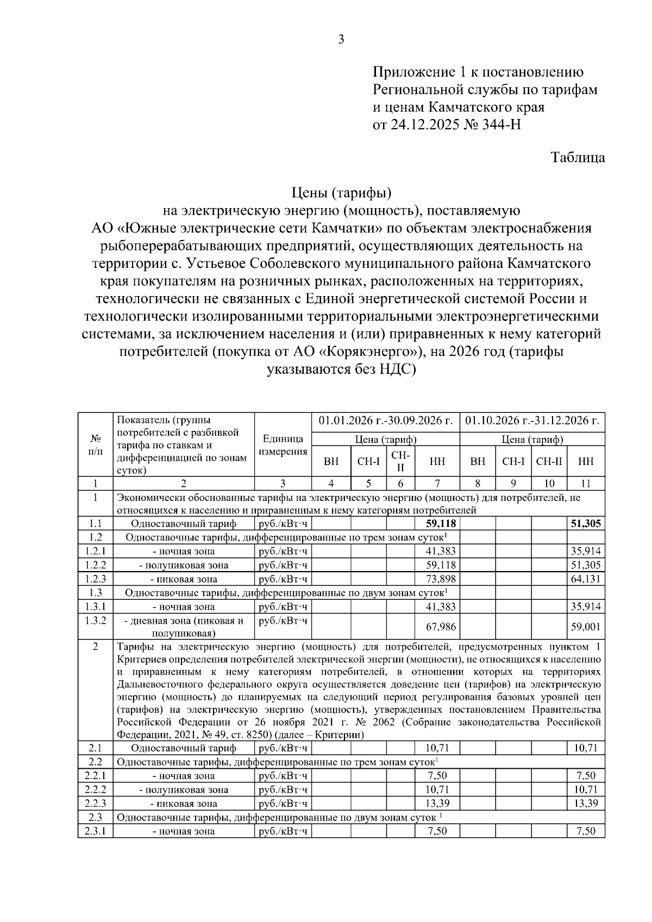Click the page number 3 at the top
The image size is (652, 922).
pyautogui.click(x=341, y=39)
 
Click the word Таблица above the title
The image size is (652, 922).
pyautogui.click(x=578, y=158)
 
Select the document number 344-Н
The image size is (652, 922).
pyautogui.click(x=499, y=124)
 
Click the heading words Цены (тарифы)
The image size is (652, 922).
pyautogui.click(x=341, y=192)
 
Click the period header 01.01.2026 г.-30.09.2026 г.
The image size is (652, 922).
pyautogui.click(x=386, y=421)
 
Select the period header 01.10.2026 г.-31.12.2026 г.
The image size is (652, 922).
pyautogui.click(x=532, y=421)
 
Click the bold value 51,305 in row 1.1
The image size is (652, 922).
pyautogui.click(x=586, y=523)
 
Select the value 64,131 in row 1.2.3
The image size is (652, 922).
pyautogui.click(x=586, y=579)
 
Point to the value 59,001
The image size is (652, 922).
pyautogui.click(x=586, y=627)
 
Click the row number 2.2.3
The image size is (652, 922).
pyautogui.click(x=95, y=804)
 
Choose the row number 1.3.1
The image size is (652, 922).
pyautogui.click(x=95, y=606)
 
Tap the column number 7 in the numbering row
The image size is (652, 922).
pyautogui.click(x=437, y=484)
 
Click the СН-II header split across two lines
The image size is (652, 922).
pyautogui.click(x=400, y=461)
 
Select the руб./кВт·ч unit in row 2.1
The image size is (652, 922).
pyautogui.click(x=283, y=748)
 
